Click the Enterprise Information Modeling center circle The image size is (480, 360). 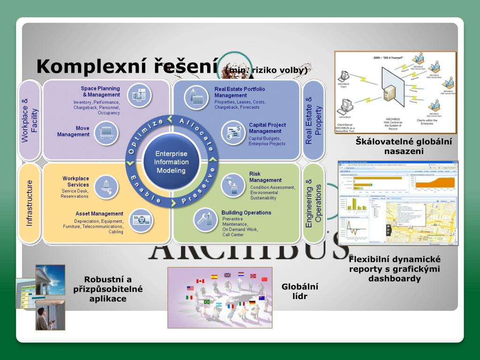(172, 162)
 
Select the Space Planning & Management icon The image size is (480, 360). (140, 95)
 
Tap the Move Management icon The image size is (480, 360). (106, 132)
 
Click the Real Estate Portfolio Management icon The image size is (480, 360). (195, 97)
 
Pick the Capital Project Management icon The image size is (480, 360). (233, 133)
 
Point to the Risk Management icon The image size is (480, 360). (233, 185)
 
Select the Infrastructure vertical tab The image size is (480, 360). (30, 203)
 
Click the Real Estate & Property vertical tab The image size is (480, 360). (314, 120)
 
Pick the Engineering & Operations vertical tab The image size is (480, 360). (314, 203)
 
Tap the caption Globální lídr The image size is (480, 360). (300, 291)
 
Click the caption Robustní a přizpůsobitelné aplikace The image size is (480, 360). (108, 289)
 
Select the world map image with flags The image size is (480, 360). (220, 297)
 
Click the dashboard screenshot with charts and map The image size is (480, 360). (397, 202)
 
